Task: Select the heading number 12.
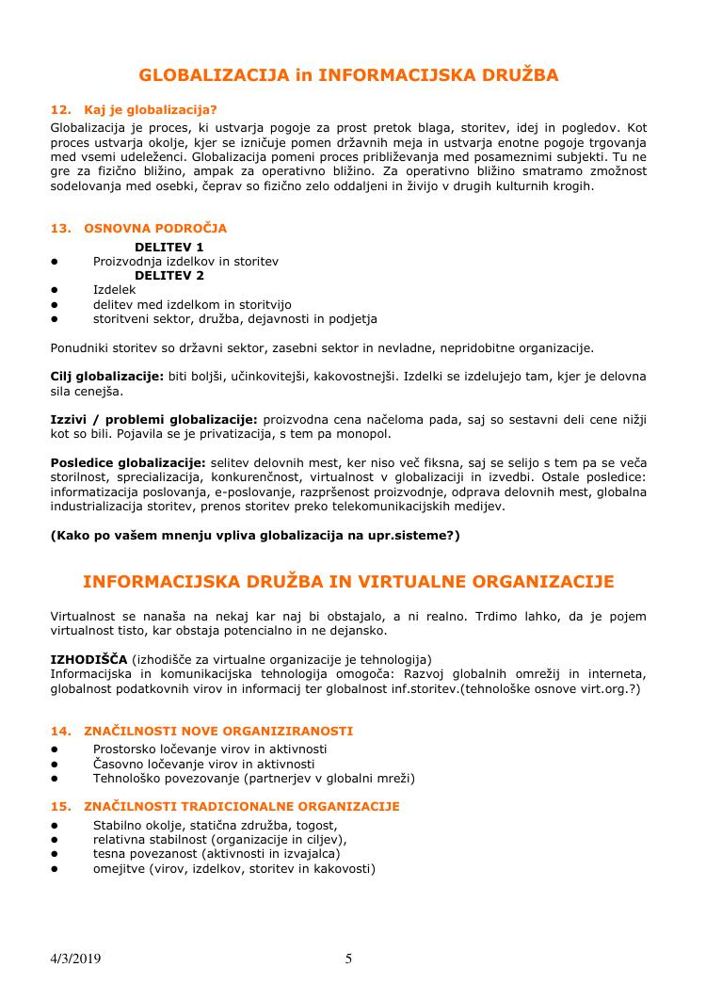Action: tap(60, 109)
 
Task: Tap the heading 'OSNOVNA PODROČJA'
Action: tap(155, 229)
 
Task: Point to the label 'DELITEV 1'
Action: tap(169, 247)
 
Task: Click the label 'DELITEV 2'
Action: tap(169, 276)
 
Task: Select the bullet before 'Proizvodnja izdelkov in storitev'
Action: tap(56, 262)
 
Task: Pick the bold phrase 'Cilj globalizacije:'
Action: tap(106, 377)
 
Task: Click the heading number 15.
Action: tap(60, 807)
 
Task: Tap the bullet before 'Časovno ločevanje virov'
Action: tap(56, 764)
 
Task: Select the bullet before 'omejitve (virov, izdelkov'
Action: tap(56, 868)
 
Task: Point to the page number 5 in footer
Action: tap(349, 959)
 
